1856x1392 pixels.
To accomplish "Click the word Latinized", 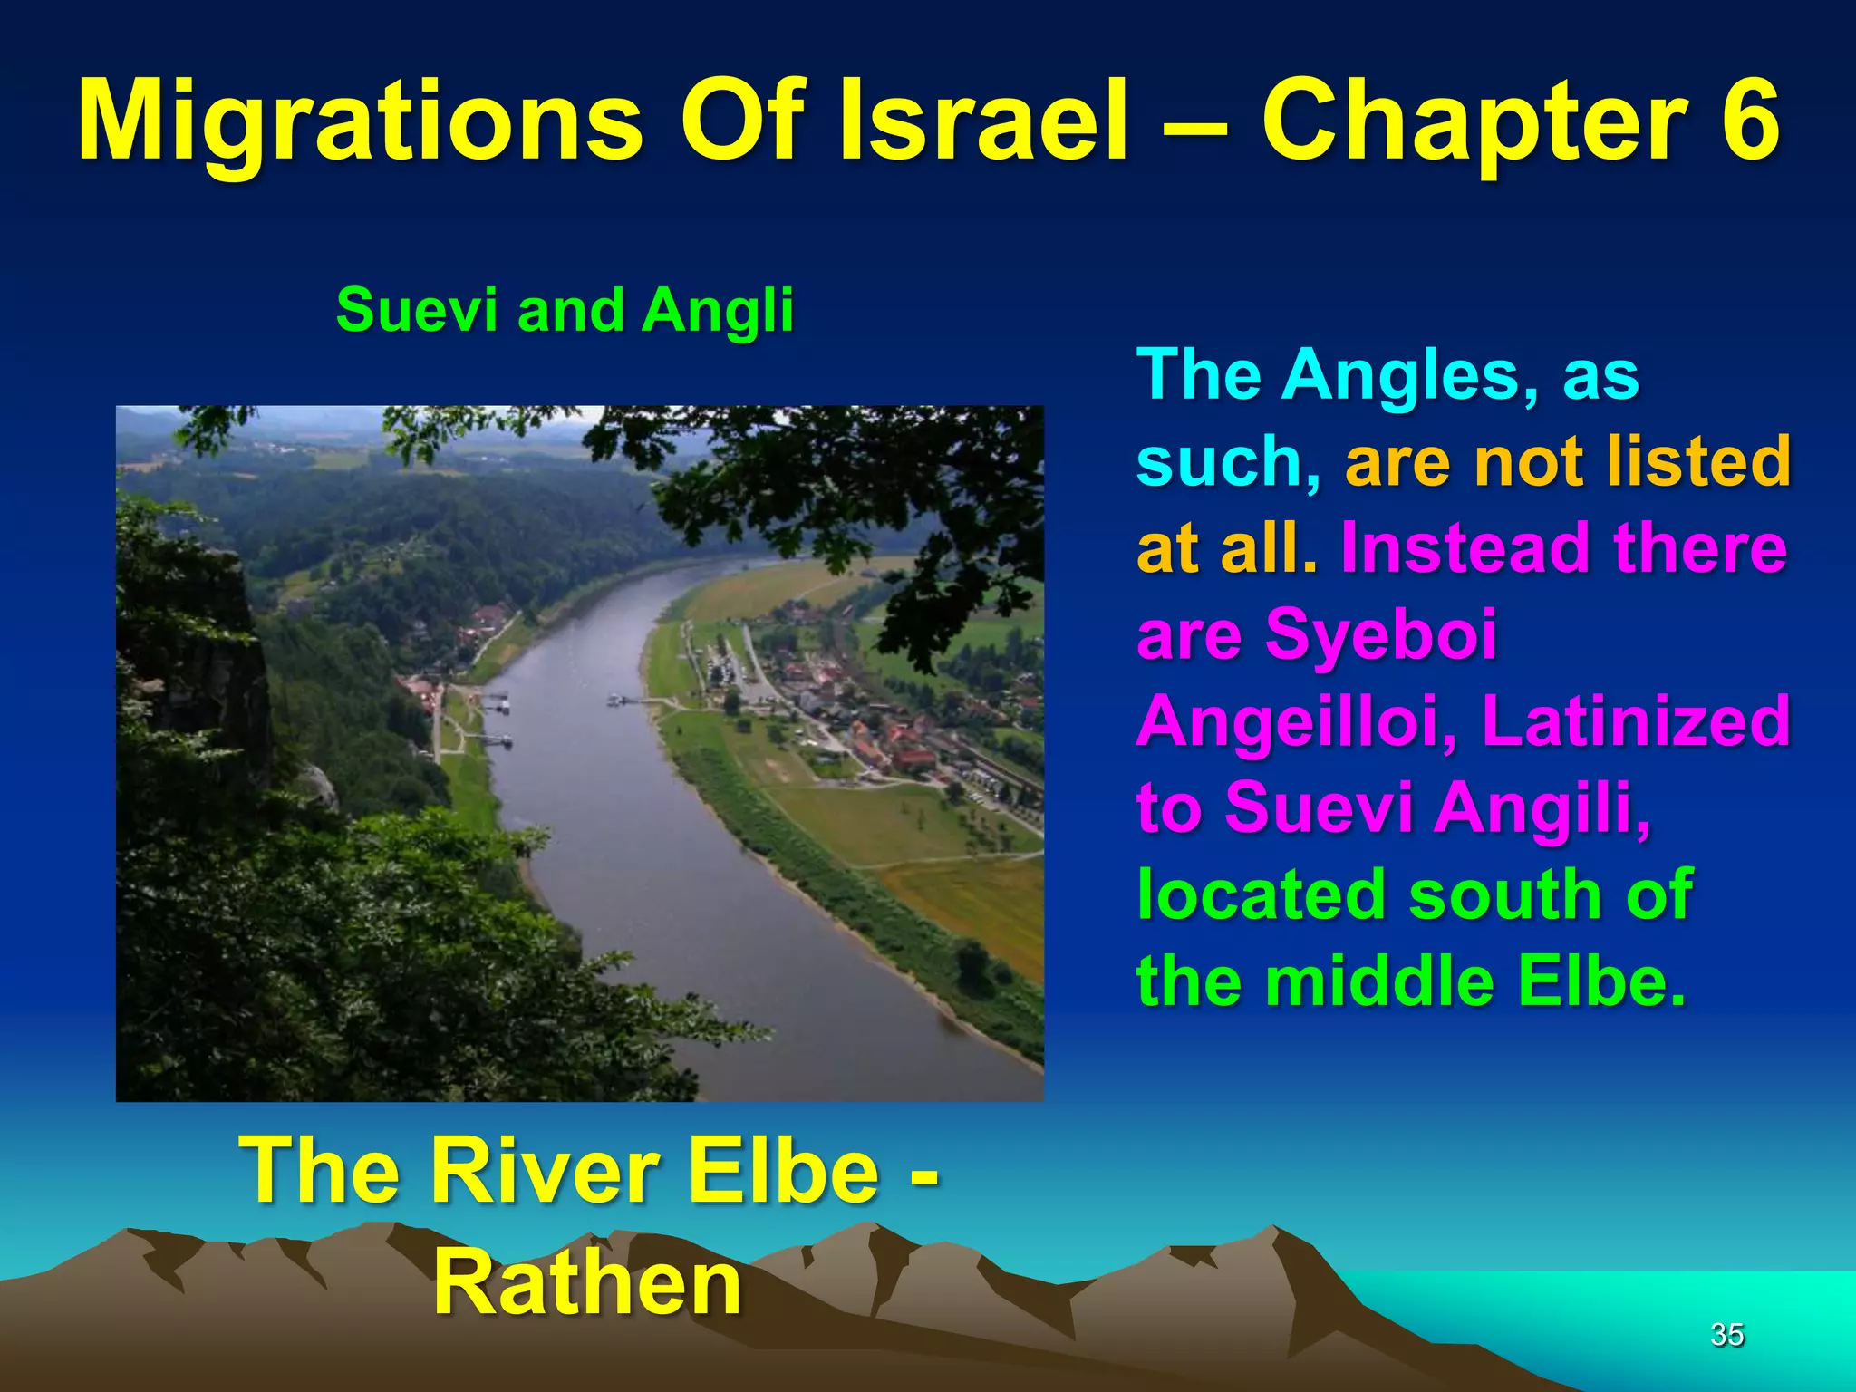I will (1636, 721).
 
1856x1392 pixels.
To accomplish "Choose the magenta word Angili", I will (1542, 807).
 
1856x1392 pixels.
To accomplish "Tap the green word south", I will (1505, 894).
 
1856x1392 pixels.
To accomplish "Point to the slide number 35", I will (1726, 1334).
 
